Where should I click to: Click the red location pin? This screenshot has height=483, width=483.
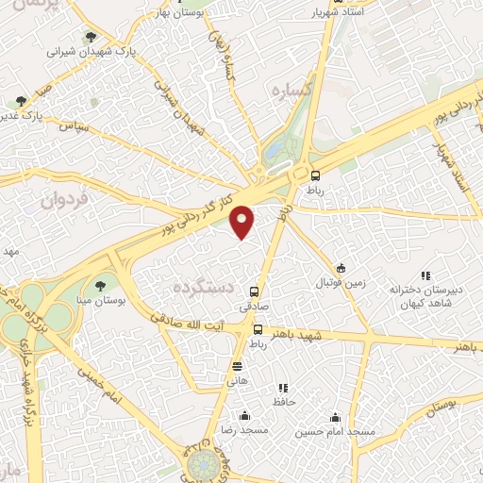(243, 221)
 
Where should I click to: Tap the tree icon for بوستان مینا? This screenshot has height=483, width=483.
(100, 285)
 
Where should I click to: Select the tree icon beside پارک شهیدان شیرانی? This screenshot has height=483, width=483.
(90, 38)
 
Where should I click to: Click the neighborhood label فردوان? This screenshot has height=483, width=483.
(64, 199)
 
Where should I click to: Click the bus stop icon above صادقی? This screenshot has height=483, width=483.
(253, 291)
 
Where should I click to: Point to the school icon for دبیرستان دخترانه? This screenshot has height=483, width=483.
(425, 275)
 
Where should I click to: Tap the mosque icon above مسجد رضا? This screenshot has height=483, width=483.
(244, 416)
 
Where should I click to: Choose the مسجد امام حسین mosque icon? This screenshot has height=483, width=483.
(336, 417)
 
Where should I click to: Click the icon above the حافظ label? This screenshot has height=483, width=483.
(282, 388)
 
